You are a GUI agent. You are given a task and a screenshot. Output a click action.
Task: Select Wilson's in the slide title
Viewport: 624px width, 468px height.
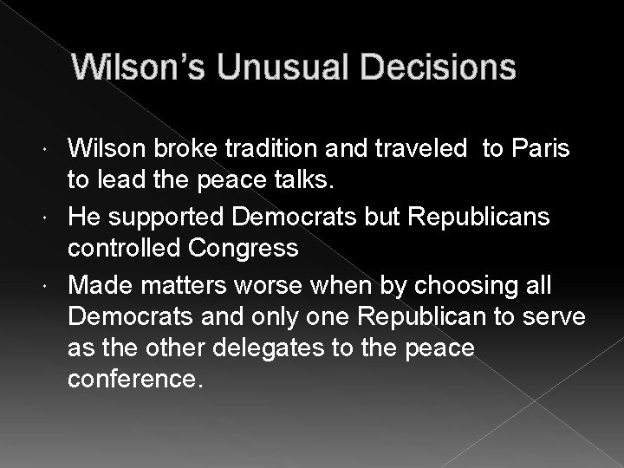139,68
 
